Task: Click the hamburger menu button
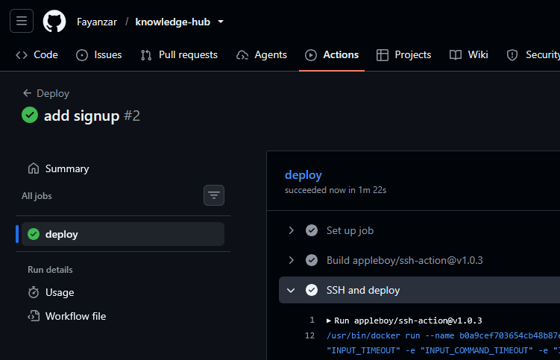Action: coord(22,21)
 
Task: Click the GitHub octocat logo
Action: coord(54,21)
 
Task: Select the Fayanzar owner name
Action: coord(97,22)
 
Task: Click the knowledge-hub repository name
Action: coord(172,22)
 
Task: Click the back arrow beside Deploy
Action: coord(27,93)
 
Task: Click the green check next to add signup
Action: coord(30,115)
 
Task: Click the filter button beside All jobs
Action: coord(214,195)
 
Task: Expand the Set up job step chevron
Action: coord(291,230)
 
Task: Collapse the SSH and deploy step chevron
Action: coord(291,291)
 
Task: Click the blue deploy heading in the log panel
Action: coord(303,175)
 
